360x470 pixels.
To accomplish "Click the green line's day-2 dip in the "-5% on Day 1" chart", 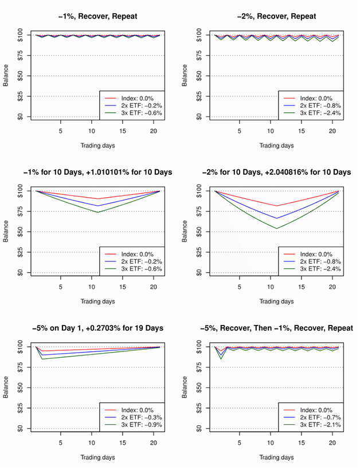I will [42, 359].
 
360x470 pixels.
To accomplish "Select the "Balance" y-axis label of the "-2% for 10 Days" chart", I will [185, 231].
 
